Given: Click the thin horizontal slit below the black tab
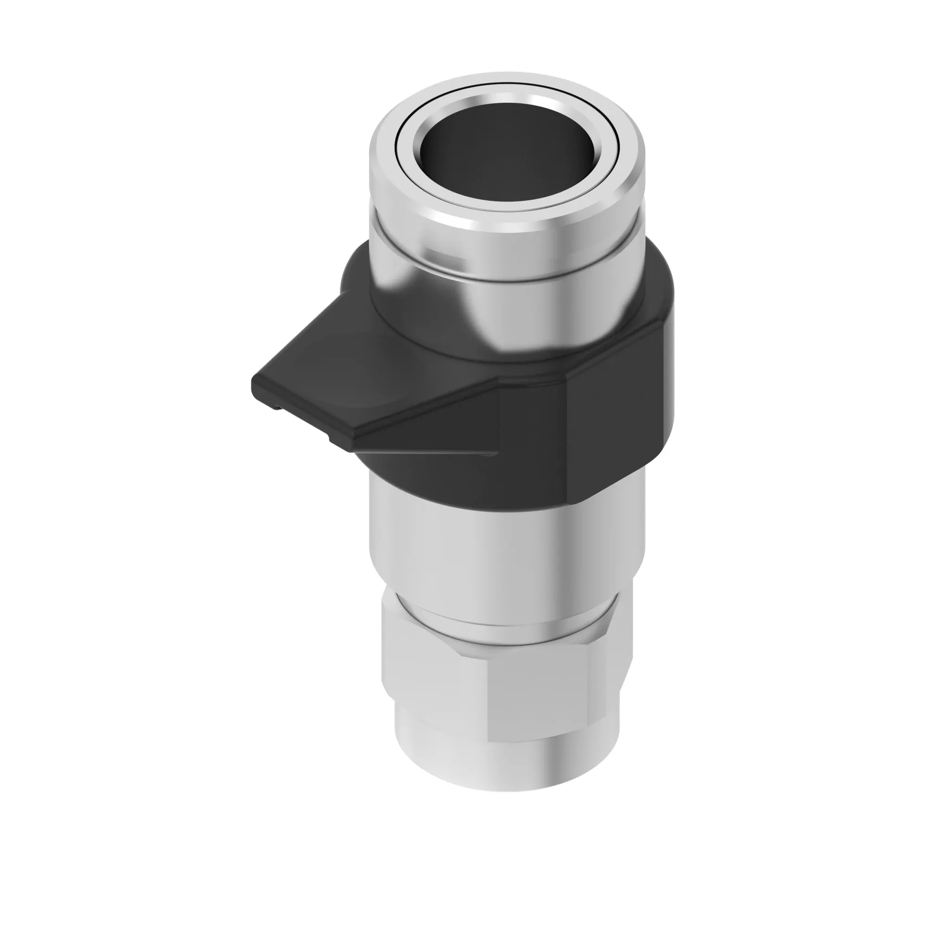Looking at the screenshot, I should pos(422,452).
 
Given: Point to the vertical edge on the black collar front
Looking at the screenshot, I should pos(567,432).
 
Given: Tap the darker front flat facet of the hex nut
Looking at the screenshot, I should pos(552,691).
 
